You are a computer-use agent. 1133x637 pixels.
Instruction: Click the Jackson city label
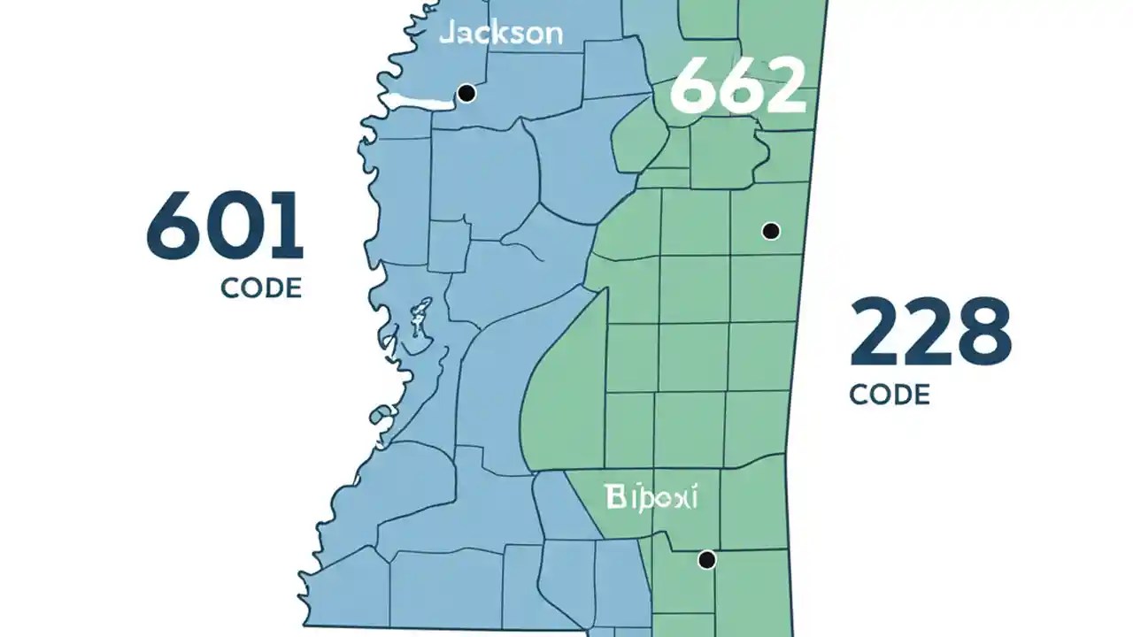point(500,34)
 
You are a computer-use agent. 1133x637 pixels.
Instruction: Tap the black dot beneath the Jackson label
point(466,93)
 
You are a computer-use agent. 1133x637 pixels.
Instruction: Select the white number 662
point(738,86)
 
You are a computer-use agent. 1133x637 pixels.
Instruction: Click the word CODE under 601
point(261,288)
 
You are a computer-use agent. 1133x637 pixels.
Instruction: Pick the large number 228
point(929,333)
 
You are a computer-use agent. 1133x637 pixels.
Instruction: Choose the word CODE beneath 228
point(890,394)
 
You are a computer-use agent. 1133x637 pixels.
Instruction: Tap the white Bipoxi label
point(651,497)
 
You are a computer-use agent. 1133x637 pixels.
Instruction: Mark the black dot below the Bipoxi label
point(706,559)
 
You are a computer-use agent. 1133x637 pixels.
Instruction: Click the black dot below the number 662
point(771,231)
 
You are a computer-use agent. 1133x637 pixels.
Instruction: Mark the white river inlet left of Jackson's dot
point(416,101)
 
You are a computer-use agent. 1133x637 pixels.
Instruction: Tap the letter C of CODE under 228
point(860,394)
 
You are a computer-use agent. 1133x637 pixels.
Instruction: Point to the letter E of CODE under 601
point(293,288)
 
